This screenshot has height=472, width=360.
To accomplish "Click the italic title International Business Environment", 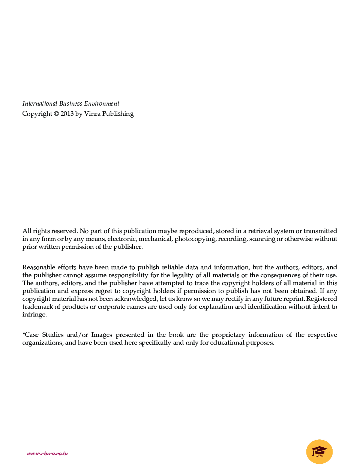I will coord(71,104).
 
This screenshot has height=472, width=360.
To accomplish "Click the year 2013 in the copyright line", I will coord(67,114).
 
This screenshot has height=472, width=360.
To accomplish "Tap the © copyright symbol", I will coord(56,114).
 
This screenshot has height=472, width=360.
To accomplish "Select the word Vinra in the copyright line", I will coord(92,114).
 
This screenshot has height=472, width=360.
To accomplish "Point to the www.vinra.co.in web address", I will coord(47,453).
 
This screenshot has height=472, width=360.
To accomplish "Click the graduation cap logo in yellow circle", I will coord(319,451).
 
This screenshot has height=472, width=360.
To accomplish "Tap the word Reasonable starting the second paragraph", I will coord(39,267).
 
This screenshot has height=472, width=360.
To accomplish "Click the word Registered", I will coord(321,299).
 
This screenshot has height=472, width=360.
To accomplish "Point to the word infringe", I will coord(34,315).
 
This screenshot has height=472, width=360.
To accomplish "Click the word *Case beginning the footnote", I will coord(30,335).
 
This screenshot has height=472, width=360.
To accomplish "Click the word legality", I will coord(182,275).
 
